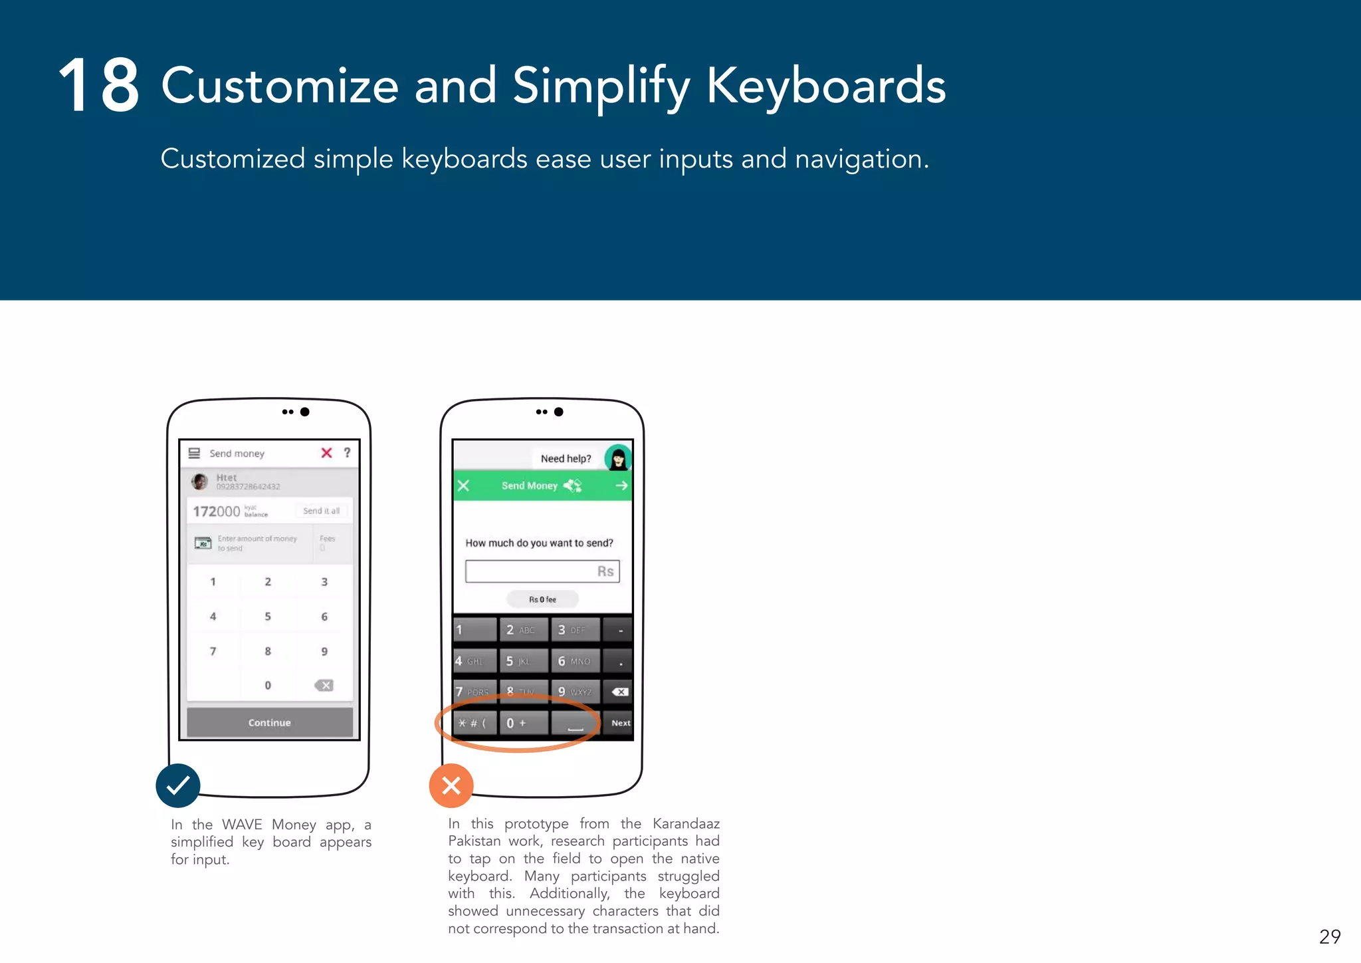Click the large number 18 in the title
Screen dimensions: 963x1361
[99, 86]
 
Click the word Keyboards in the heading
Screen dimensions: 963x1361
[825, 86]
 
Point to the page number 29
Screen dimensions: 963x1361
[1329, 936]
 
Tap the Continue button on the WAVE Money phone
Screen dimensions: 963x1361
[269, 722]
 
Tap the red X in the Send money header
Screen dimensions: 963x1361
[326, 453]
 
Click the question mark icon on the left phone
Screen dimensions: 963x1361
[347, 453]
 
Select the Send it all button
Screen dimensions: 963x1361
[321, 511]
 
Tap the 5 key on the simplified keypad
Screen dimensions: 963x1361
[268, 617]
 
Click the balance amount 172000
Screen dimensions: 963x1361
[217, 511]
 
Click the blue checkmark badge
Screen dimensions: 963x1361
[178, 785]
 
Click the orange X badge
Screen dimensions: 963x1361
[451, 785]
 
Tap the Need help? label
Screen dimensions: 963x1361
[566, 459]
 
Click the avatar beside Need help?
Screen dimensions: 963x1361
[618, 458]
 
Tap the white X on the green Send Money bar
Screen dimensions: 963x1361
[464, 485]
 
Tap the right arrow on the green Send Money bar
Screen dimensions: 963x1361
[621, 485]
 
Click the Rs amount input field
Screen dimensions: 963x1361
[542, 571]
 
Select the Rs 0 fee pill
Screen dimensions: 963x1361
[542, 599]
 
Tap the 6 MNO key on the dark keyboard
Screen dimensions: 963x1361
[575, 661]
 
